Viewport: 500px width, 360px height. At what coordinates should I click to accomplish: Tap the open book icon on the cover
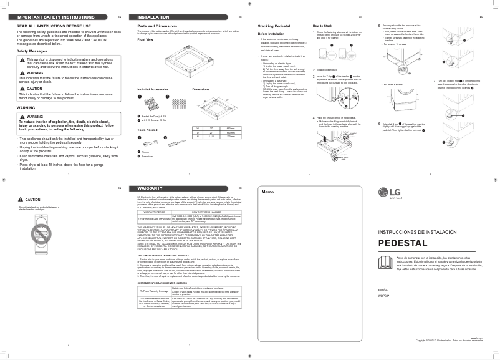coord(387,261)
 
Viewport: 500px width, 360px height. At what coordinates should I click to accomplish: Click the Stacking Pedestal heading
coord(275,26)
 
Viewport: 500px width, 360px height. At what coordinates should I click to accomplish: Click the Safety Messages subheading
coord(32,51)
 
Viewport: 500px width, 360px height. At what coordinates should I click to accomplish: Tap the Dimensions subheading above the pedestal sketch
coord(201,89)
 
